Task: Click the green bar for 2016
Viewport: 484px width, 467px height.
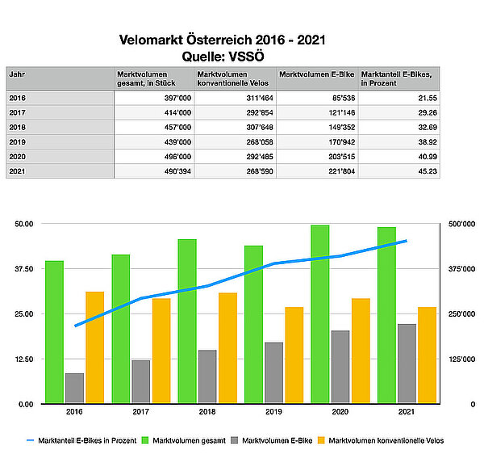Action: (x=55, y=331)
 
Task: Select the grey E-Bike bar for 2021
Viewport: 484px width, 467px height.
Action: (x=407, y=363)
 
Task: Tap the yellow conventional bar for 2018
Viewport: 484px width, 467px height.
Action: (x=228, y=347)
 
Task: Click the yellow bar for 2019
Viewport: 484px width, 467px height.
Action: (x=294, y=355)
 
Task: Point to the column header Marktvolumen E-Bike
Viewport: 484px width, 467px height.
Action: (x=316, y=74)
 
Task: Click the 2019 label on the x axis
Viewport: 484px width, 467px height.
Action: (x=274, y=413)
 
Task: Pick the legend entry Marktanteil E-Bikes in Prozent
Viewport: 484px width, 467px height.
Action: (x=81, y=440)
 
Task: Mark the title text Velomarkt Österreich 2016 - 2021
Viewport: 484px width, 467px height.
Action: (x=223, y=39)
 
